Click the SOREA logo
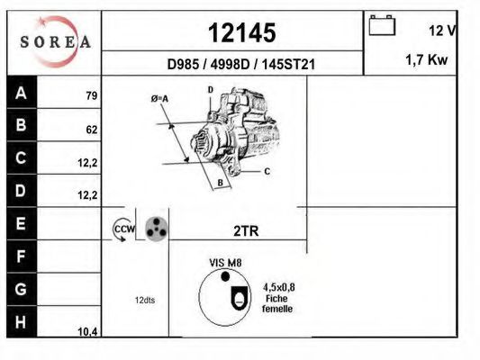[x=55, y=41]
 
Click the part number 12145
[x=242, y=32]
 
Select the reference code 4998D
[x=230, y=64]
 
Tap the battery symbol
[x=382, y=25]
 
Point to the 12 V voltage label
[x=443, y=31]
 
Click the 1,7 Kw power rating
[x=427, y=59]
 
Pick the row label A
[x=21, y=93]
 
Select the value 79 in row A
[x=92, y=95]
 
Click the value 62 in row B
[x=92, y=130]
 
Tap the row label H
[x=21, y=322]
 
